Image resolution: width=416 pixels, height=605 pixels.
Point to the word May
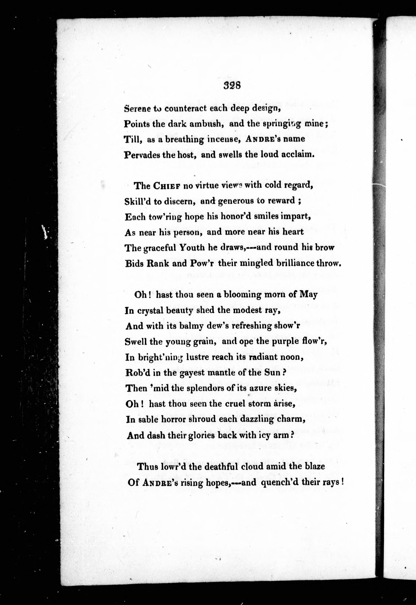(309, 295)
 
